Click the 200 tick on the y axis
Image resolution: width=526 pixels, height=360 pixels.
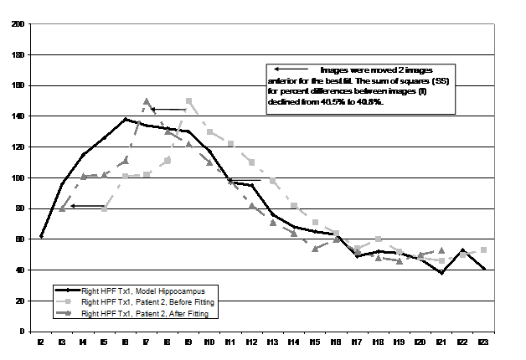18,24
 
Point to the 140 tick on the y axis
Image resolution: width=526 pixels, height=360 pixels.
18,116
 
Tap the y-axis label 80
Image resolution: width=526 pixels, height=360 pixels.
19,208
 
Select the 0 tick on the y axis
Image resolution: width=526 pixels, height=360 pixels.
22,332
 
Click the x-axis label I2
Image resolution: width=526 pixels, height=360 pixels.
41,342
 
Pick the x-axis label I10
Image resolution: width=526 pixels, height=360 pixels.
209,342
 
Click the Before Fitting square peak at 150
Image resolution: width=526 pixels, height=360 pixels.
189,101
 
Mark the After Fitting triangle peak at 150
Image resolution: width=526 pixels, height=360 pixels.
147,102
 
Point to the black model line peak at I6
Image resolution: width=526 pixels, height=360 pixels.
126,119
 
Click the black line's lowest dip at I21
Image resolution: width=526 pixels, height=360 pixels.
442,273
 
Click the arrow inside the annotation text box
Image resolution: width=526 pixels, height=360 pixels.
286,69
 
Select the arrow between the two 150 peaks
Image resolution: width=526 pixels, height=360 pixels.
172,109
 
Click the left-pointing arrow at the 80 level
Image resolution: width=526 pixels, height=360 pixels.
85,205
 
